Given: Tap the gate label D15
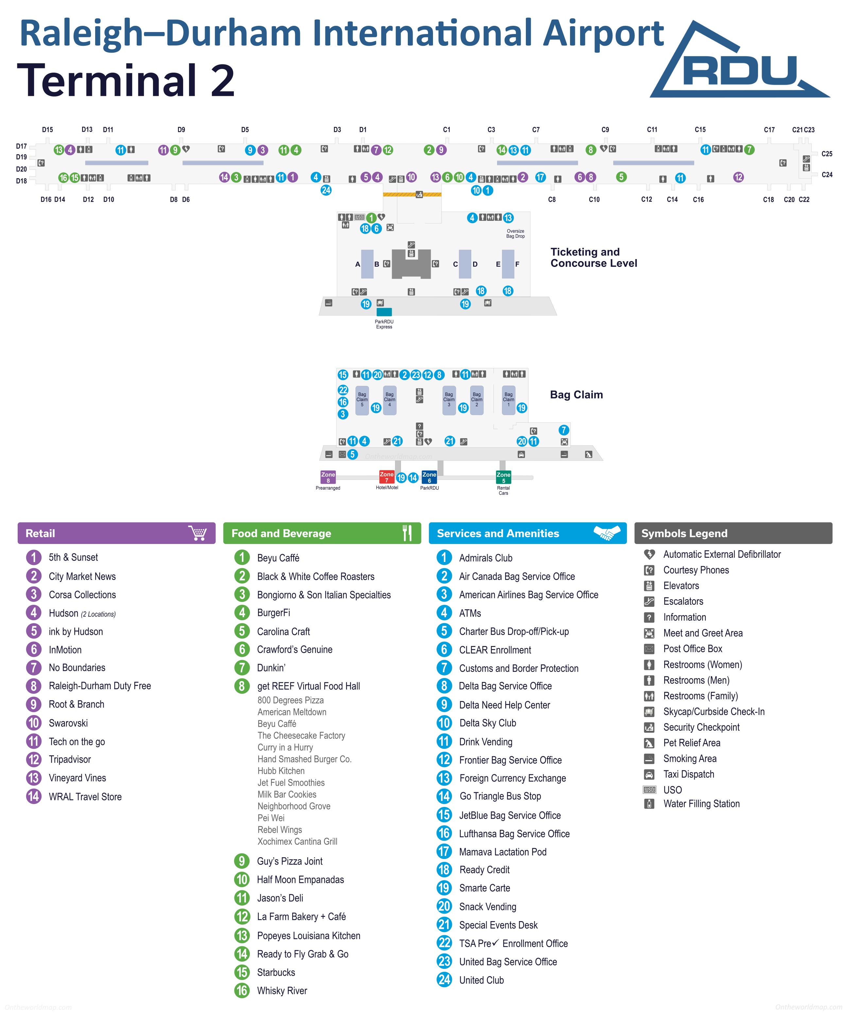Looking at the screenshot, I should click(47, 130).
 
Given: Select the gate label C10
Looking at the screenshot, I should click(594, 200).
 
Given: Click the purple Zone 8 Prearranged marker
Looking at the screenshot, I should click(328, 477).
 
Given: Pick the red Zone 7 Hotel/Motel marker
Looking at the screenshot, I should click(386, 477).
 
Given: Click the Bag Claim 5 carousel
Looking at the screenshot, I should click(362, 400).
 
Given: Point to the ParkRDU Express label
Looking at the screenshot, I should click(384, 324).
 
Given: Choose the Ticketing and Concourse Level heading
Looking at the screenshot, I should click(594, 257).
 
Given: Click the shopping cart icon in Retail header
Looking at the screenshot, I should click(198, 533).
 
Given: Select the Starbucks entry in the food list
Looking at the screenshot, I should click(276, 972).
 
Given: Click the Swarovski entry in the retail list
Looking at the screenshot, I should click(68, 723).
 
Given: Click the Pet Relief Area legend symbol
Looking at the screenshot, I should click(649, 743).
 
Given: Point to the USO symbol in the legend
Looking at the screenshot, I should click(649, 790).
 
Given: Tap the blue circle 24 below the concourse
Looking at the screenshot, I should click(326, 190).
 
